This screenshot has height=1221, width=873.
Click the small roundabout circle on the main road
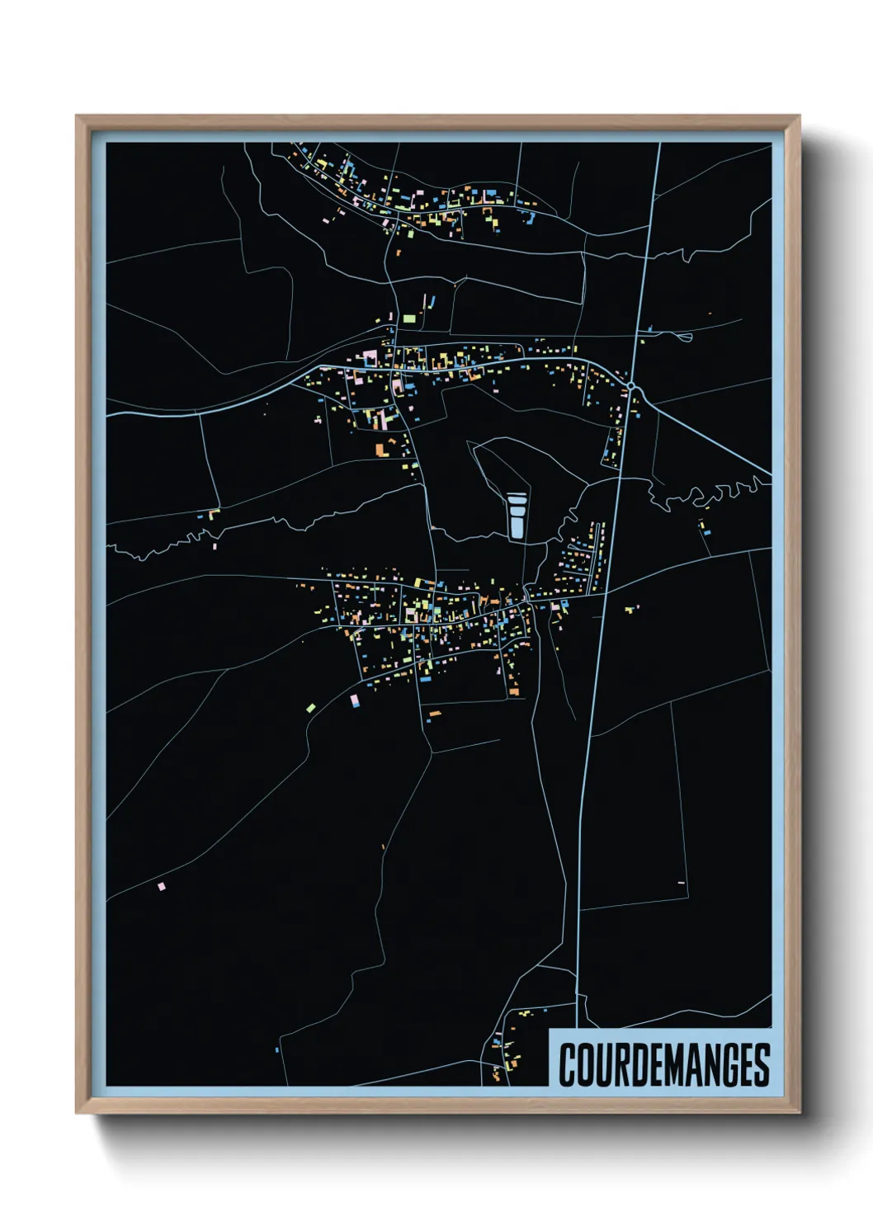[630, 386]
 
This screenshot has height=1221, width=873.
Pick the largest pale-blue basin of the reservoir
[517, 526]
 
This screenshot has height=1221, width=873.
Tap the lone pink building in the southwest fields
[162, 887]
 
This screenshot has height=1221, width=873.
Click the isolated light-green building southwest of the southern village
[310, 707]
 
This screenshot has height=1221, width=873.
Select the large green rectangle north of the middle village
[409, 318]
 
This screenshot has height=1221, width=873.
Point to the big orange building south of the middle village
[382, 450]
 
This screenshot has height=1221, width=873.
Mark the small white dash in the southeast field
[682, 883]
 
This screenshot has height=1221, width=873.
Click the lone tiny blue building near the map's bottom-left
[276, 1050]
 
